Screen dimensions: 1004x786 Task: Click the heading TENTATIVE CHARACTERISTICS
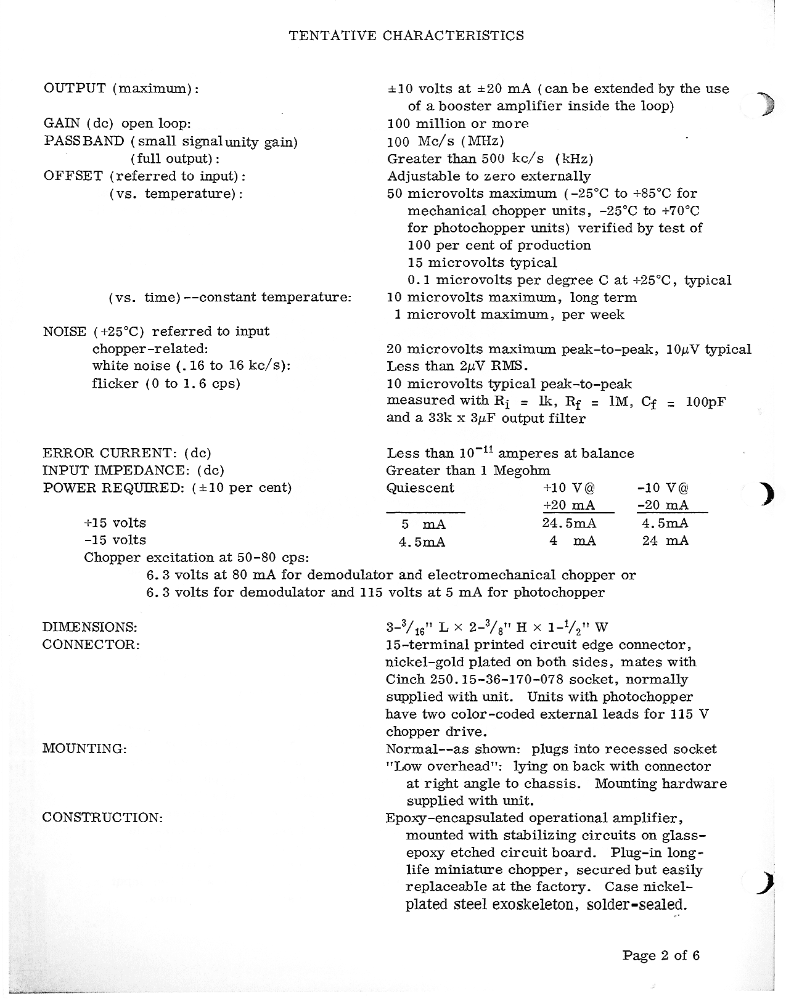pos(406,36)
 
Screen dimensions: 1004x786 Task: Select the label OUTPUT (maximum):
pos(121,88)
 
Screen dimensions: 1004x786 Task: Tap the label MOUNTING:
pos(84,749)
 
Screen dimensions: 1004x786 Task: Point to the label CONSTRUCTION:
pos(102,818)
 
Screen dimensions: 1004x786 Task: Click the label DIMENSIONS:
pos(89,627)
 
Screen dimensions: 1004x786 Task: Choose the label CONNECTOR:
pos(91,645)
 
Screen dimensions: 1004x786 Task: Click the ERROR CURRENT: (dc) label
pos(127,454)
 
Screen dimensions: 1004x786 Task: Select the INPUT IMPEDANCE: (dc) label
pos(133,471)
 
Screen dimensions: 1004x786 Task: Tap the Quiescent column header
pos(420,488)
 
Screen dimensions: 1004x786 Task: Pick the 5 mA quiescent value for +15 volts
pos(423,524)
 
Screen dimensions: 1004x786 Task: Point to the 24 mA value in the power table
pos(665,541)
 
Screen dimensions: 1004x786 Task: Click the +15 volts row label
pos(115,523)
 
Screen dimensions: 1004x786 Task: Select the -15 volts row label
pos(115,541)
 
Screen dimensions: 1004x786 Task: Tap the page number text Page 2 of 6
pos(661,956)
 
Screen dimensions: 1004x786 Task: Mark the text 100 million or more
pos(458,123)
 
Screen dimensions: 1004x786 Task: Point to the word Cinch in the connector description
pos(404,679)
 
